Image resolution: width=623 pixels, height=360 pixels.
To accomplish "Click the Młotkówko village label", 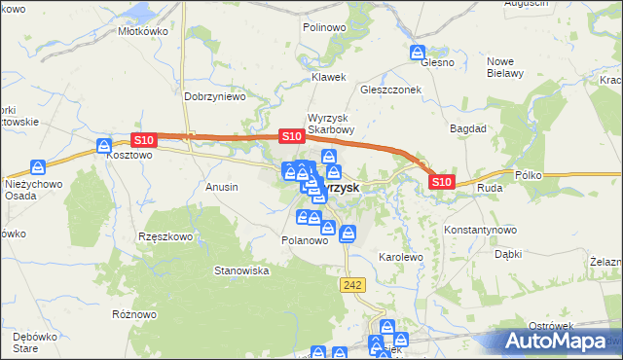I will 143,31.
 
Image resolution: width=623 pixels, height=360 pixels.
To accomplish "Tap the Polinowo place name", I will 324,28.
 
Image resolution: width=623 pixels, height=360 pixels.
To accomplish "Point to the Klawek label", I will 328,76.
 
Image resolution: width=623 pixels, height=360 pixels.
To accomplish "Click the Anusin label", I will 222,185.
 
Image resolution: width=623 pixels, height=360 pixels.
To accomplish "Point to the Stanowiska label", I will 241,270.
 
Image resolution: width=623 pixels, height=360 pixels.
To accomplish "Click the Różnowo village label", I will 134,314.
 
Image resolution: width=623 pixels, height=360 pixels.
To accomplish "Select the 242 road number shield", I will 352,283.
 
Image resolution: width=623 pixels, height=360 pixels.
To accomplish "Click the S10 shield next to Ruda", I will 441,182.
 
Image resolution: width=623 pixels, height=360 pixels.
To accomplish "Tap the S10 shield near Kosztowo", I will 143,140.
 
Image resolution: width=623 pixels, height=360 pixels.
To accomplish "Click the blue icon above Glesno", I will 418,53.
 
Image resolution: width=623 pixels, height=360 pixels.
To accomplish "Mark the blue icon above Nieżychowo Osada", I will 38,167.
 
